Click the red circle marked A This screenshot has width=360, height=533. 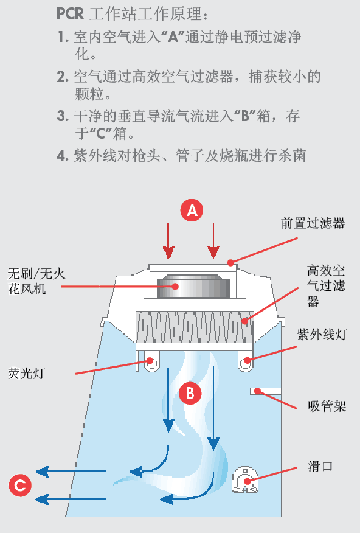pos(192,211)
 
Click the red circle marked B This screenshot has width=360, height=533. pos(190,393)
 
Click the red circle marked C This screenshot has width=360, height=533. pos(20,486)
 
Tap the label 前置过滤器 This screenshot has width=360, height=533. pos(313,223)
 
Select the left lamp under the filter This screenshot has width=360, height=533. pos(150,364)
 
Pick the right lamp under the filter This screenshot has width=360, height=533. pos(246,363)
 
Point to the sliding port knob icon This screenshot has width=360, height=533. pos(246,480)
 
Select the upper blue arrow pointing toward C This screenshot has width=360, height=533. pos(70,471)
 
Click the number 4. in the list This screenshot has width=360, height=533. pos(62,156)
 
